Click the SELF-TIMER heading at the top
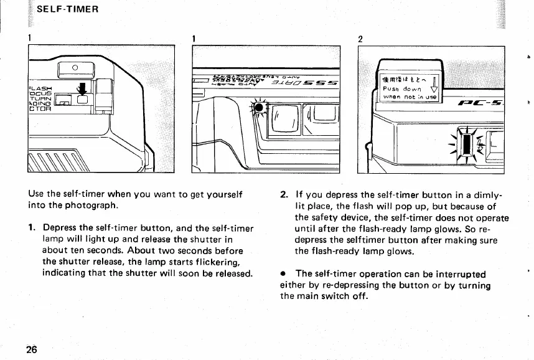pyautogui.click(x=65, y=11)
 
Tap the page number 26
pyautogui.click(x=31, y=348)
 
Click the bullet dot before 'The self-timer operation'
pyautogui.click(x=283, y=274)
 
